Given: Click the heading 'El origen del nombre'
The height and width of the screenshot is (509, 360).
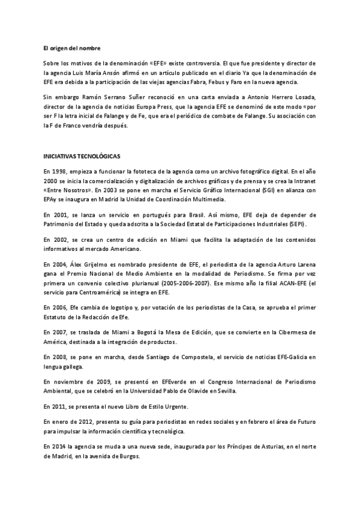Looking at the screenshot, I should click(x=67, y=47).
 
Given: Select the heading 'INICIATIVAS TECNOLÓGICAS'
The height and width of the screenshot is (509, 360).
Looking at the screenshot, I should click(x=82, y=156).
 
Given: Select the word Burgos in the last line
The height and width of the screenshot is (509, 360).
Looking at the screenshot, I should click(x=128, y=456).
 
